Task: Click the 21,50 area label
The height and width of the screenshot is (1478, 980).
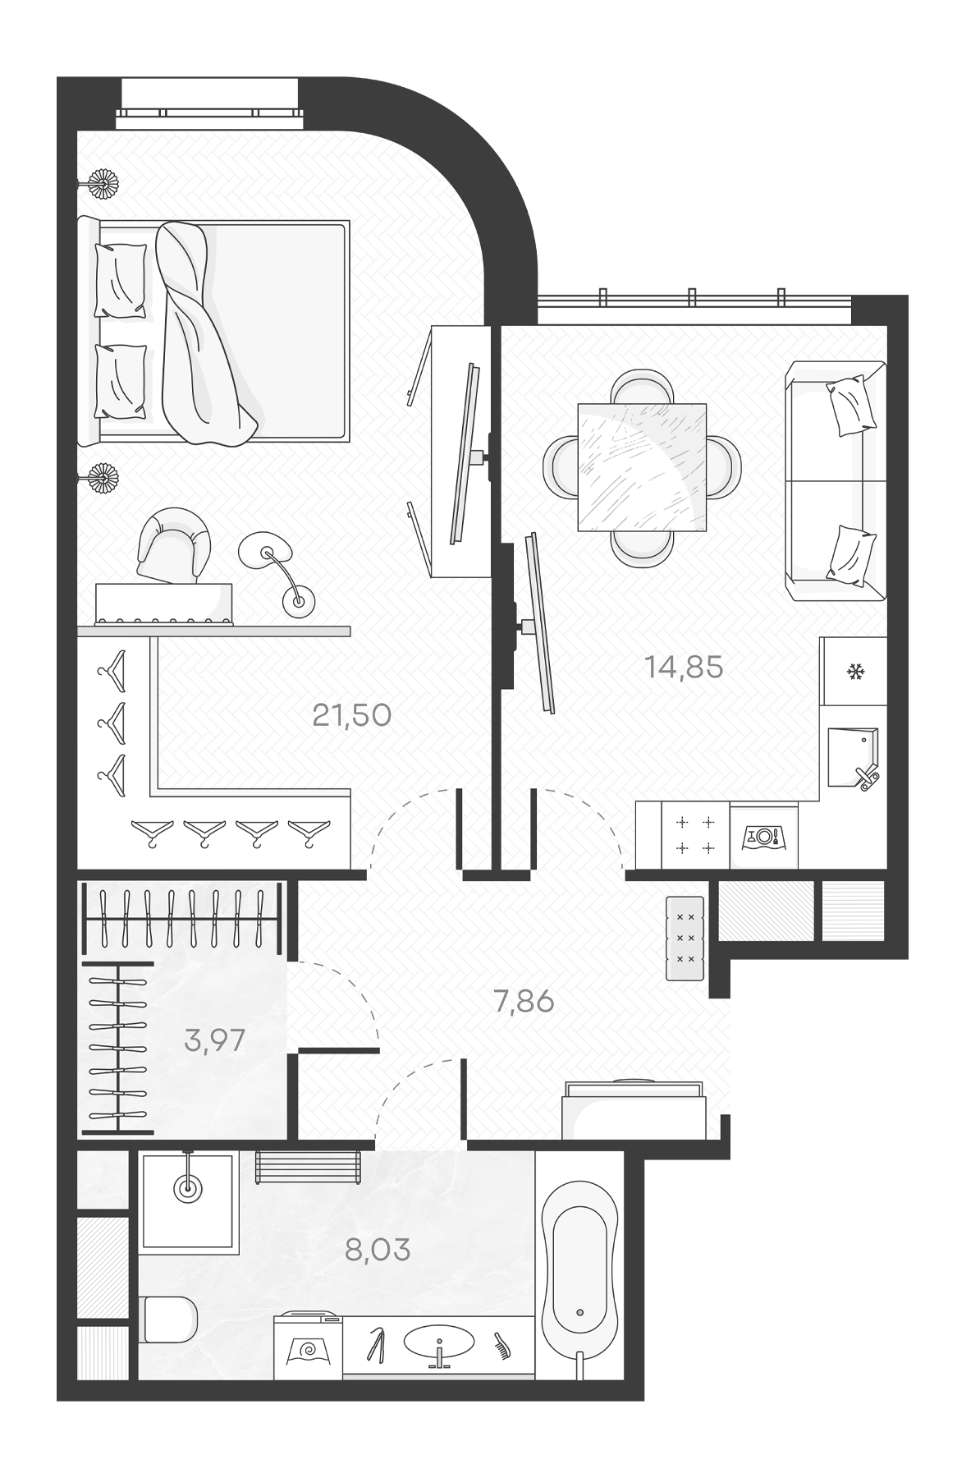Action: [x=351, y=715]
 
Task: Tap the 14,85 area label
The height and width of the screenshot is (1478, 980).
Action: [x=684, y=668]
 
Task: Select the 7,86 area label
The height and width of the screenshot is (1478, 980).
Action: [x=524, y=1002]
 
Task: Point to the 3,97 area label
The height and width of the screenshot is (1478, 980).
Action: [x=214, y=1040]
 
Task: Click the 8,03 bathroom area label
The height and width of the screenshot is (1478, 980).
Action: [x=378, y=1251]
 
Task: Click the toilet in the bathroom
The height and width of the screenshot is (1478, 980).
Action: [x=167, y=1320]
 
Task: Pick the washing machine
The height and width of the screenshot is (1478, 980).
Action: [x=309, y=1347]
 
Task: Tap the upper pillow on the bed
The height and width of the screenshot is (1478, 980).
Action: [x=121, y=280]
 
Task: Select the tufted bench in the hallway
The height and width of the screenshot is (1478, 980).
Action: [x=685, y=938]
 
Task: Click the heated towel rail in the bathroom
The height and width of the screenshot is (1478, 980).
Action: [x=308, y=1167]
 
